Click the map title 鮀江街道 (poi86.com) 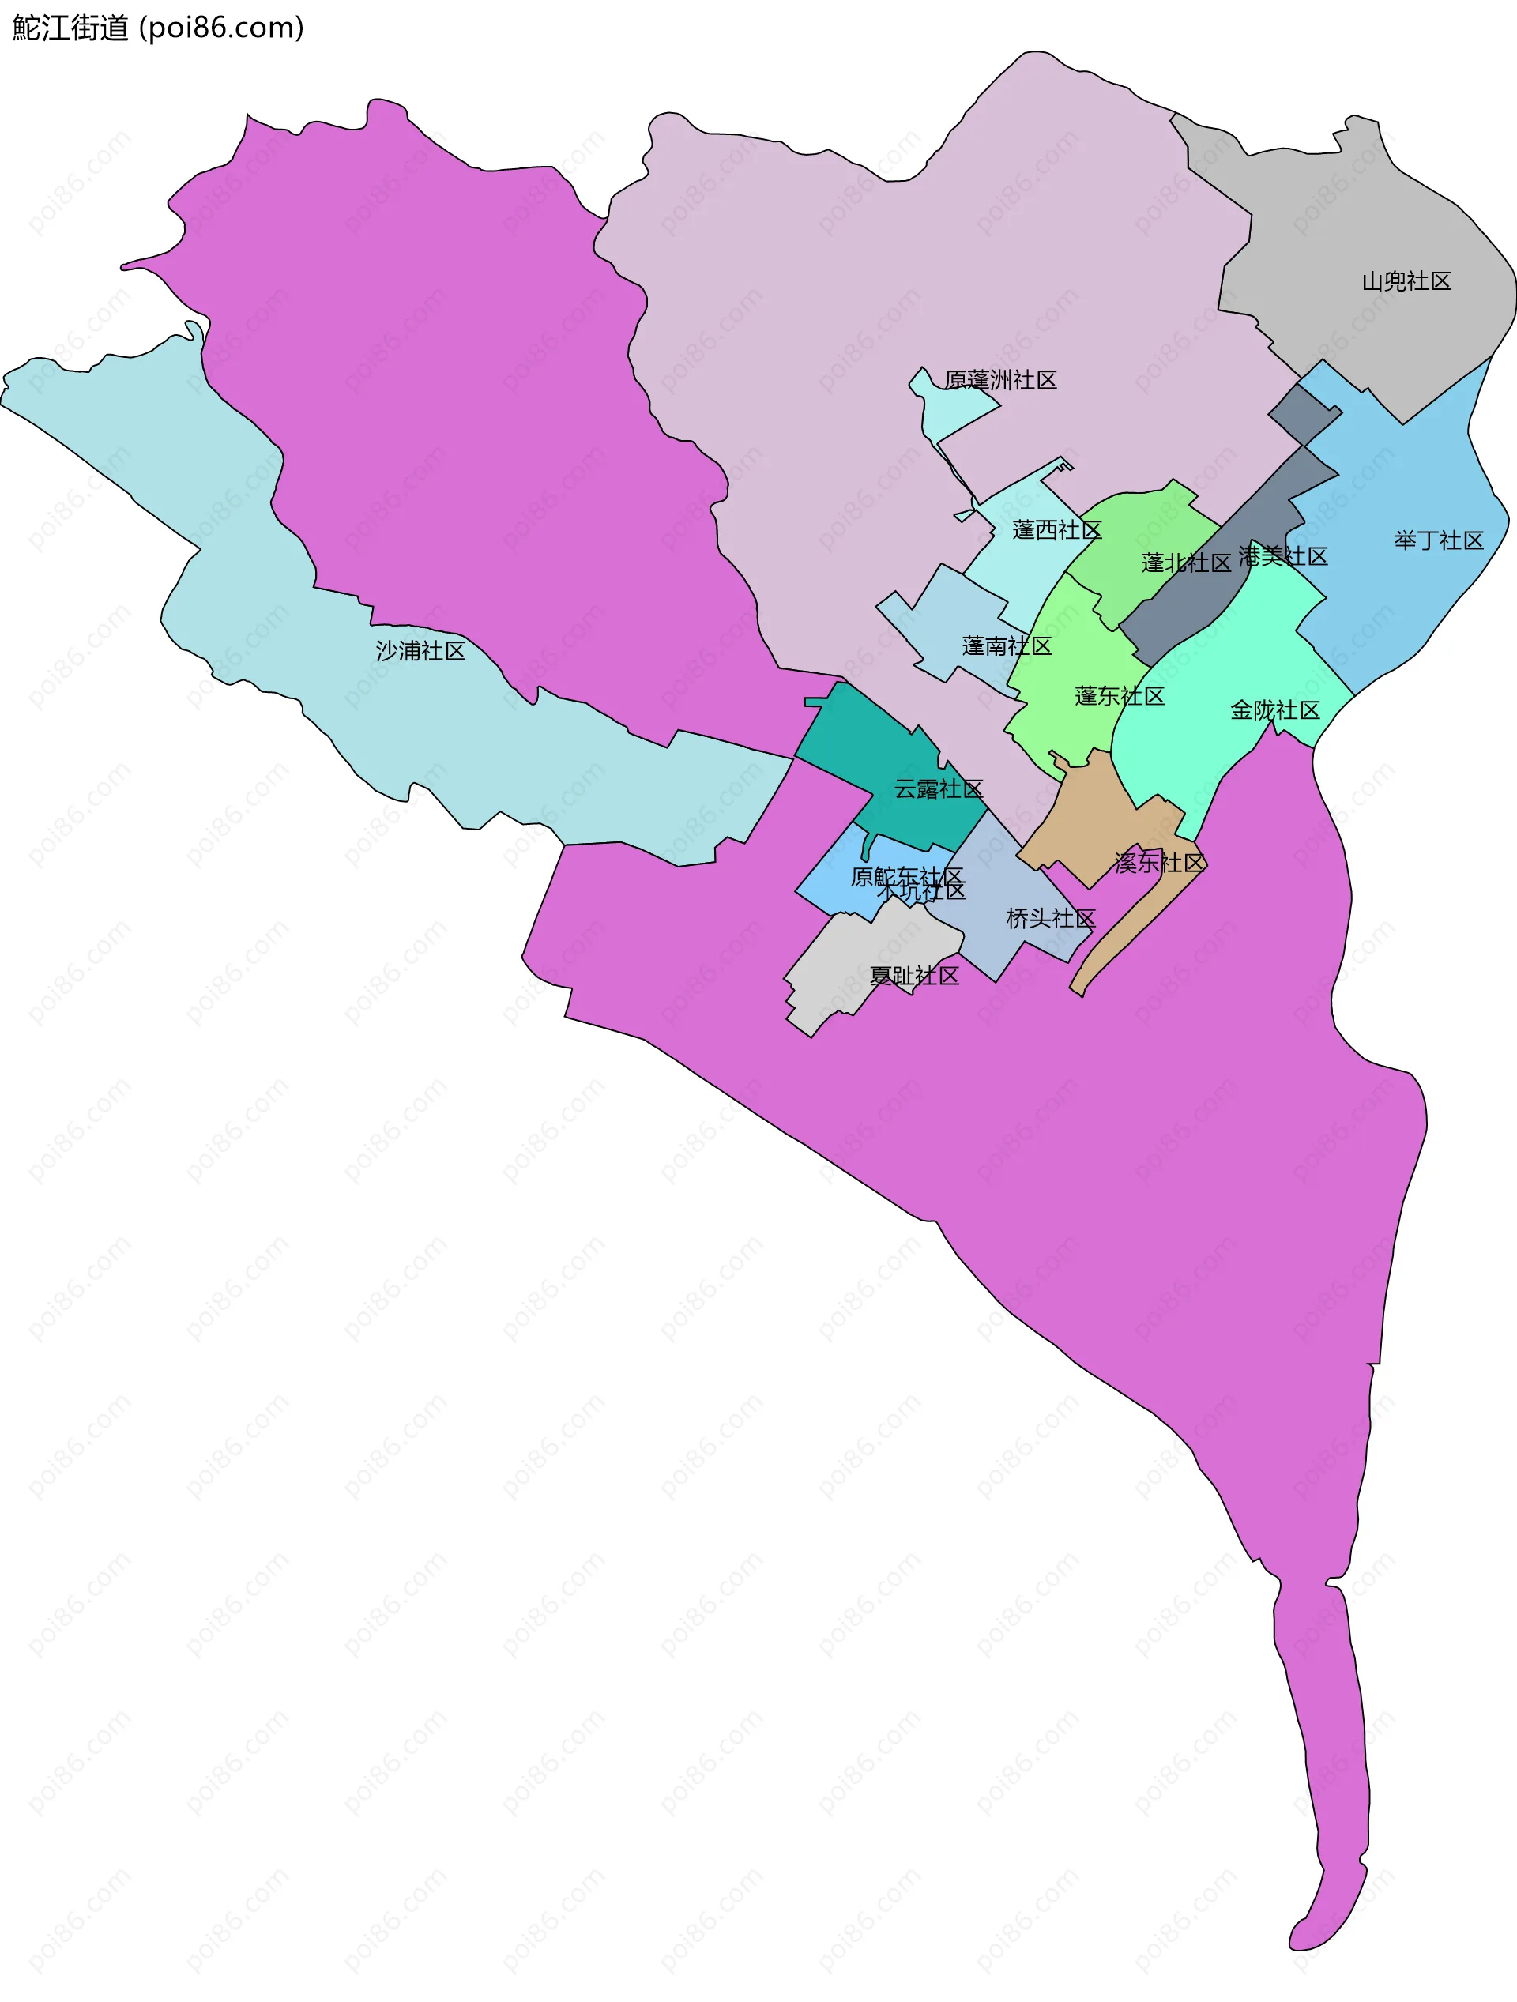[x=158, y=28]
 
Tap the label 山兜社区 [x=1406, y=281]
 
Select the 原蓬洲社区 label [x=1000, y=380]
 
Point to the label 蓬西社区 [x=1056, y=530]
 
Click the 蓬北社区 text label [x=1186, y=563]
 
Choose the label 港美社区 [x=1282, y=555]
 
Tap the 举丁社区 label [x=1438, y=540]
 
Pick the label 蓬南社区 [x=1007, y=645]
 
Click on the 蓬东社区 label [x=1119, y=696]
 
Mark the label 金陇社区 [x=1274, y=710]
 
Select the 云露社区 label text [x=938, y=789]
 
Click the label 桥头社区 [x=1050, y=919]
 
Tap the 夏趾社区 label [x=913, y=976]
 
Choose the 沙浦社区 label [x=420, y=651]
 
